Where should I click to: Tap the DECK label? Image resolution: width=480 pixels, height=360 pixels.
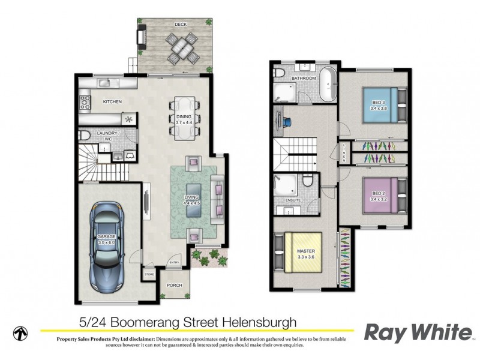pos(180,25)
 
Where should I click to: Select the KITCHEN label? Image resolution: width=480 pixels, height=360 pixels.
pos(112,102)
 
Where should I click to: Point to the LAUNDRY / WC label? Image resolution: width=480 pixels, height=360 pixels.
pos(109,136)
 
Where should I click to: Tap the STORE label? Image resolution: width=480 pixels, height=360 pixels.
pos(149,275)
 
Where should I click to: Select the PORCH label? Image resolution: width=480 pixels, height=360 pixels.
pos(174,285)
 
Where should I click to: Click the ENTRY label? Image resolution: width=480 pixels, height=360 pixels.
pos(175,262)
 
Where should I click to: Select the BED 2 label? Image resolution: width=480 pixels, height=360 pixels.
pos(378,194)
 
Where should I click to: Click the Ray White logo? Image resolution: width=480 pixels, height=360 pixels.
pos(418,332)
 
